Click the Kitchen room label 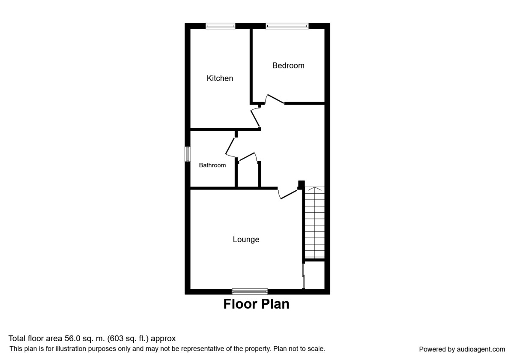[220, 78]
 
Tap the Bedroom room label [288, 66]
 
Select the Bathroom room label [212, 165]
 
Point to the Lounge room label [246, 240]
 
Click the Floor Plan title [256, 304]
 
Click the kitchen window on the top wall [221, 26]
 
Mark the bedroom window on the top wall [287, 26]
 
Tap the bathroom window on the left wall [188, 154]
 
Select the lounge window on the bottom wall [250, 291]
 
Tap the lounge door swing [287, 194]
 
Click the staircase [314, 223]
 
